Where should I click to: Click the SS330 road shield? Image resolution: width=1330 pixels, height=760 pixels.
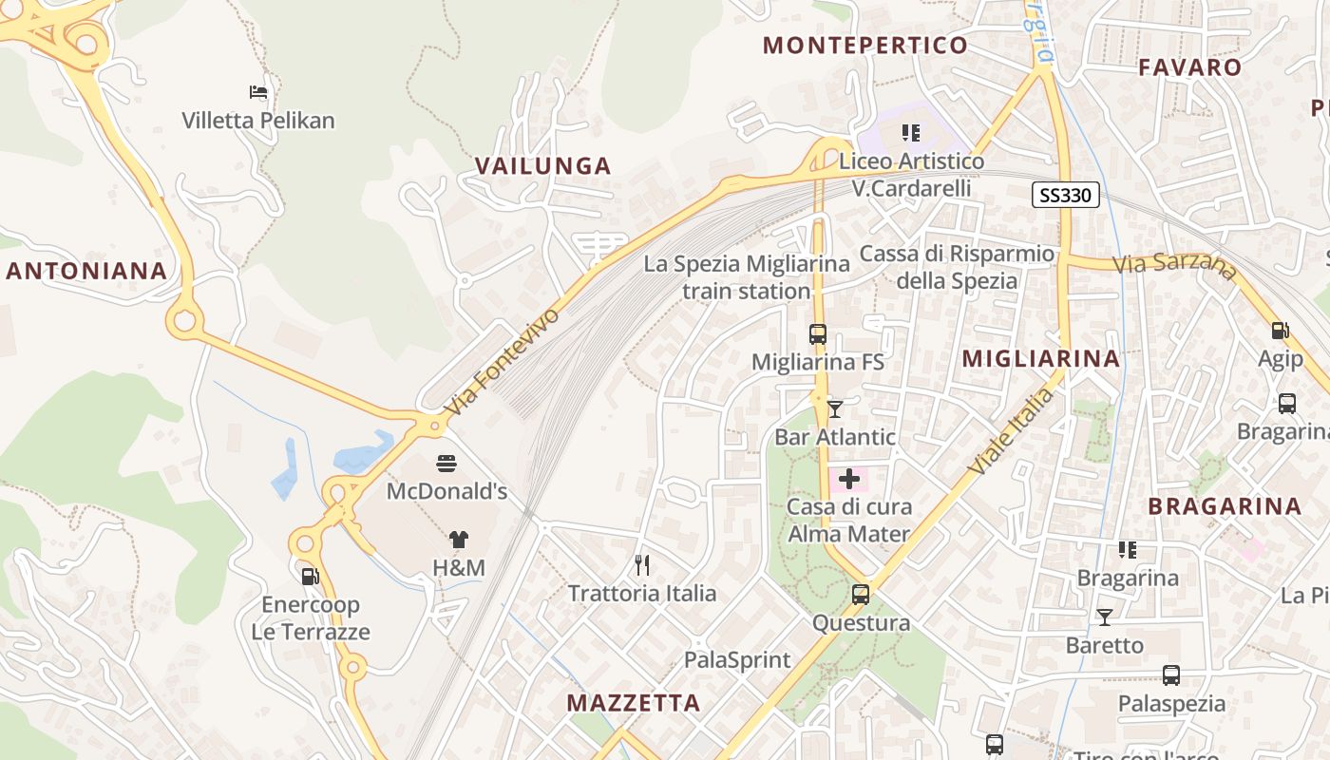click(1066, 196)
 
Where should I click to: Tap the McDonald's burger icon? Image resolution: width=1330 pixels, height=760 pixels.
click(446, 464)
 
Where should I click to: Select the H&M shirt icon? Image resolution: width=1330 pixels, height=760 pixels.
click(459, 540)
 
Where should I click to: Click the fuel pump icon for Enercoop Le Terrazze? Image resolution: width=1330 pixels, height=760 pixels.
click(310, 576)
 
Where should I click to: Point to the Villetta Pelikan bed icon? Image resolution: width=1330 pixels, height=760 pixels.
click(258, 92)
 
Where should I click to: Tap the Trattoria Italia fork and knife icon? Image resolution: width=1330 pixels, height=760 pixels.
click(642, 565)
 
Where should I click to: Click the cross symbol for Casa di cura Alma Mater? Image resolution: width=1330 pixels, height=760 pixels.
click(849, 479)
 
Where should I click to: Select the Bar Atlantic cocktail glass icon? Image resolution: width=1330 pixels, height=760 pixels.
click(835, 409)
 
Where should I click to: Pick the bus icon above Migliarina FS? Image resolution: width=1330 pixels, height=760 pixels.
click(818, 334)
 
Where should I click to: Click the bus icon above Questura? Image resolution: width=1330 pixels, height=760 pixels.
click(861, 595)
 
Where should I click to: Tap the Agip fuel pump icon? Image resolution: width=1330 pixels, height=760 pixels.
click(1281, 331)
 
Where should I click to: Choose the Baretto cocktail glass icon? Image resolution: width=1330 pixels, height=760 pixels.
click(1104, 617)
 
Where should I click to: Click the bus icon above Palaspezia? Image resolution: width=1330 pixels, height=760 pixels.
click(1171, 675)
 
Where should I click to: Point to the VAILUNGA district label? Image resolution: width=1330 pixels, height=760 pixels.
click(542, 166)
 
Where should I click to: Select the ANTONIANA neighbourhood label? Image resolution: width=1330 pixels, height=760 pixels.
click(87, 271)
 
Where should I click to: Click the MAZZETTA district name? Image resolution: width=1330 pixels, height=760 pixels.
click(634, 703)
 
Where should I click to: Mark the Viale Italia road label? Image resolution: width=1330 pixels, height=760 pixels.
click(1012, 432)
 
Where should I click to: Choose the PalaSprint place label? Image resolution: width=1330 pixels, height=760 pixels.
click(737, 659)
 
